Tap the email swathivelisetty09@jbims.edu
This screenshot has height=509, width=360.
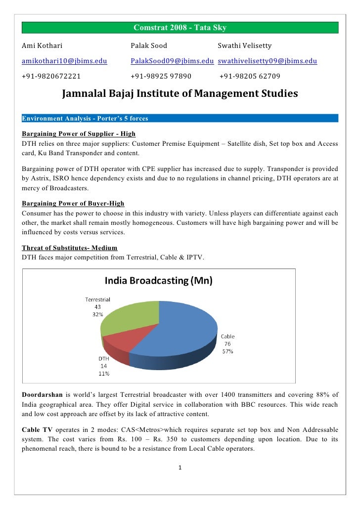pyautogui.click(x=267, y=61)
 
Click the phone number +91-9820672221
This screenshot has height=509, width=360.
pyautogui.click(x=52, y=77)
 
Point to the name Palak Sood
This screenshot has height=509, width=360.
pyautogui.click(x=149, y=46)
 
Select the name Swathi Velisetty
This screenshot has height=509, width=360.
pyautogui.click(x=245, y=46)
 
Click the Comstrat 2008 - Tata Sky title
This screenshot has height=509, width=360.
pyautogui.click(x=180, y=27)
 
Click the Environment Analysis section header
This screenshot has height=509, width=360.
pyautogui.click(x=85, y=118)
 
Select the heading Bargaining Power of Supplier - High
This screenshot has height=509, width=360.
pyautogui.click(x=79, y=134)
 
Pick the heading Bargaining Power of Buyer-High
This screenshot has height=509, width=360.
pyautogui.click(x=73, y=204)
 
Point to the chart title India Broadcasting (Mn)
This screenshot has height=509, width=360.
pyautogui.click(x=158, y=281)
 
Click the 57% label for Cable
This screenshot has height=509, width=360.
pyautogui.click(x=227, y=351)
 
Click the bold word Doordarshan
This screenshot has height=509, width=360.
pyautogui.click(x=42, y=394)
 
